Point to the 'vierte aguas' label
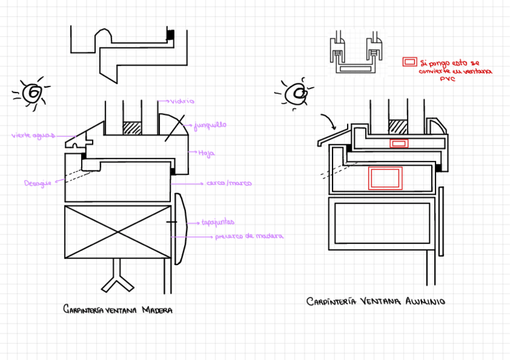31,135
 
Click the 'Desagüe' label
36,183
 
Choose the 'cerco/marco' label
229,183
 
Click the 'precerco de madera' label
249,236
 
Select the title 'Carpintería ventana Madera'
118,310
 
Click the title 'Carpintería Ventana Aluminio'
376,302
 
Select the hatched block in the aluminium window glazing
398,127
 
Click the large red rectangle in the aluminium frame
385,178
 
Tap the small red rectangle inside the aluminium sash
399,143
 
